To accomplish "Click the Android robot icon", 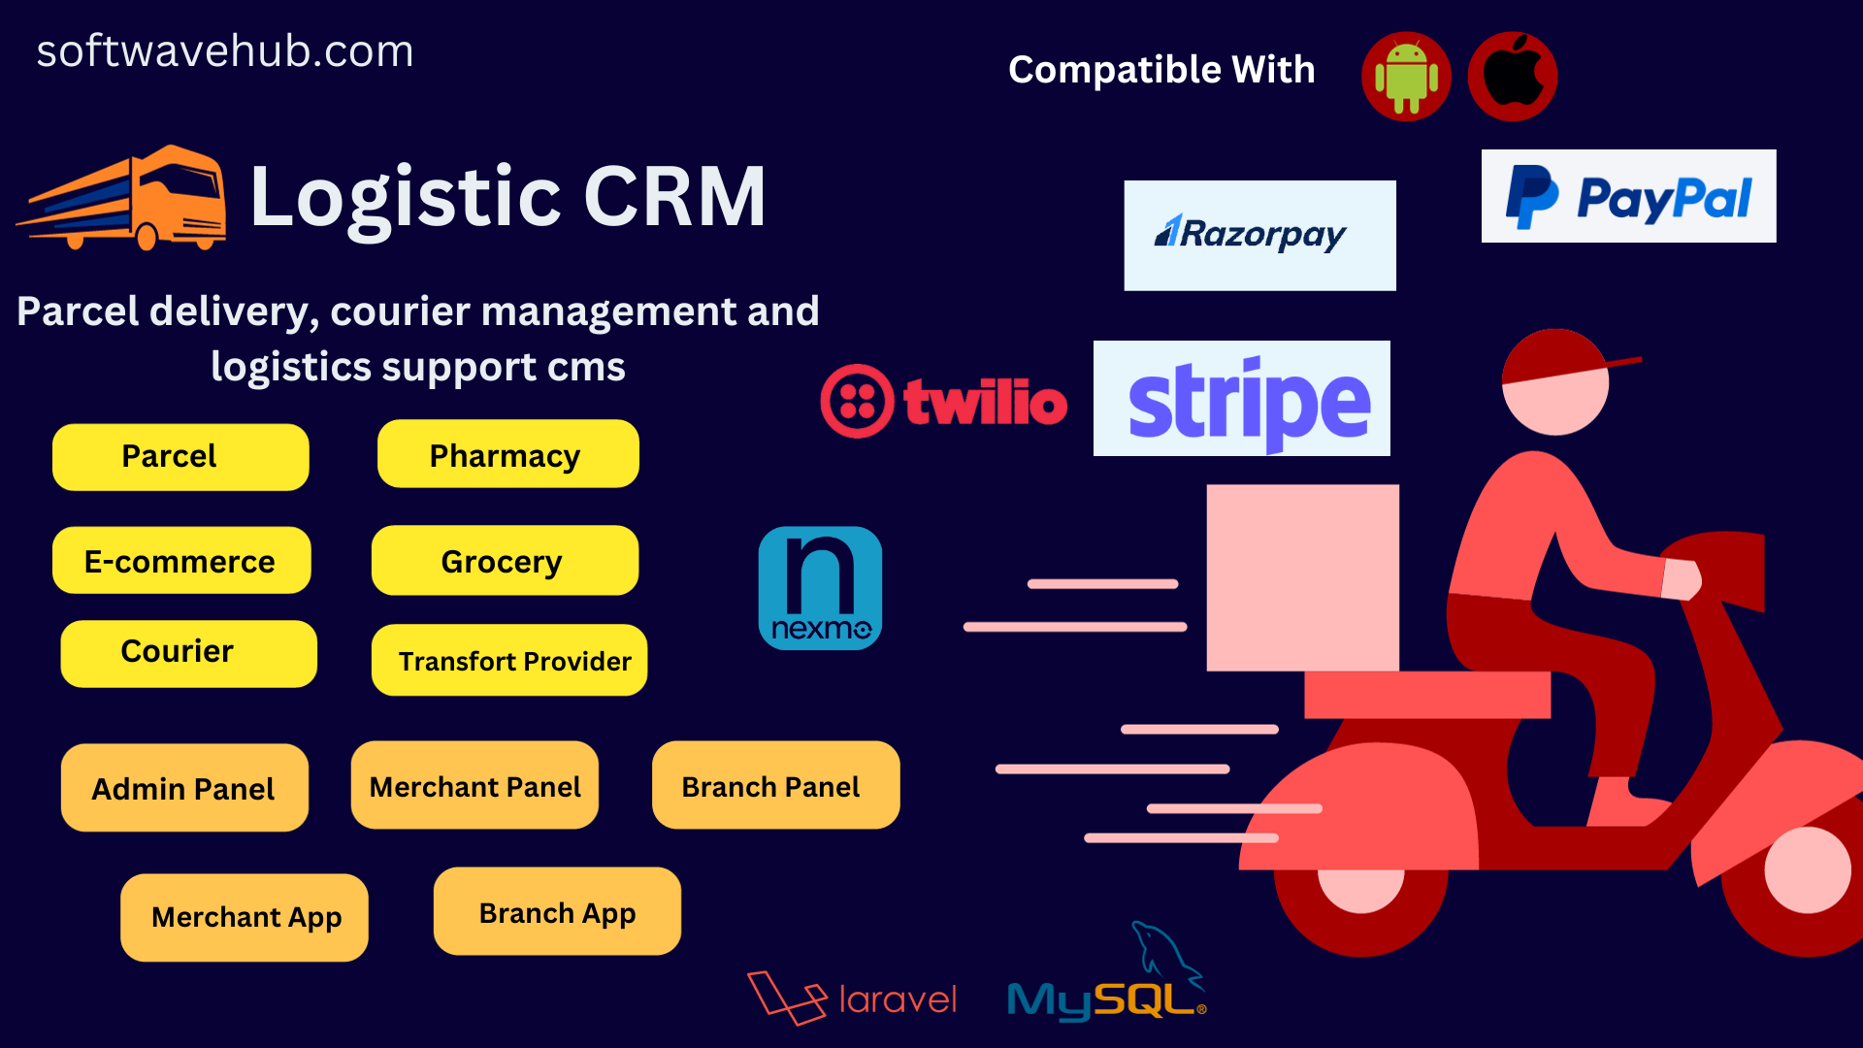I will (1406, 77).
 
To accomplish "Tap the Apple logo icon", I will (1513, 77).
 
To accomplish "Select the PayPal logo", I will (1628, 196).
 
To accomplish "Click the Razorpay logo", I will (1259, 235).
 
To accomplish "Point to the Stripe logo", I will (1242, 399).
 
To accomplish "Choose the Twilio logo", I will (943, 401).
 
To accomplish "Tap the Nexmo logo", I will (820, 588).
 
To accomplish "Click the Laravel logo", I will (852, 998).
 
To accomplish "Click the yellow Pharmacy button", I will (507, 454).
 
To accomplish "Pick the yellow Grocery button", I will (505, 561).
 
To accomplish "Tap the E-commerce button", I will (181, 561).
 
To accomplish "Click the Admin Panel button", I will (184, 788).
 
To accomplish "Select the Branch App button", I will (557, 912).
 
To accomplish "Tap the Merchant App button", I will (245, 918).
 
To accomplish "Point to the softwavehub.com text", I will (225, 51).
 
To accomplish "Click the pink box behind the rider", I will (1302, 577).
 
